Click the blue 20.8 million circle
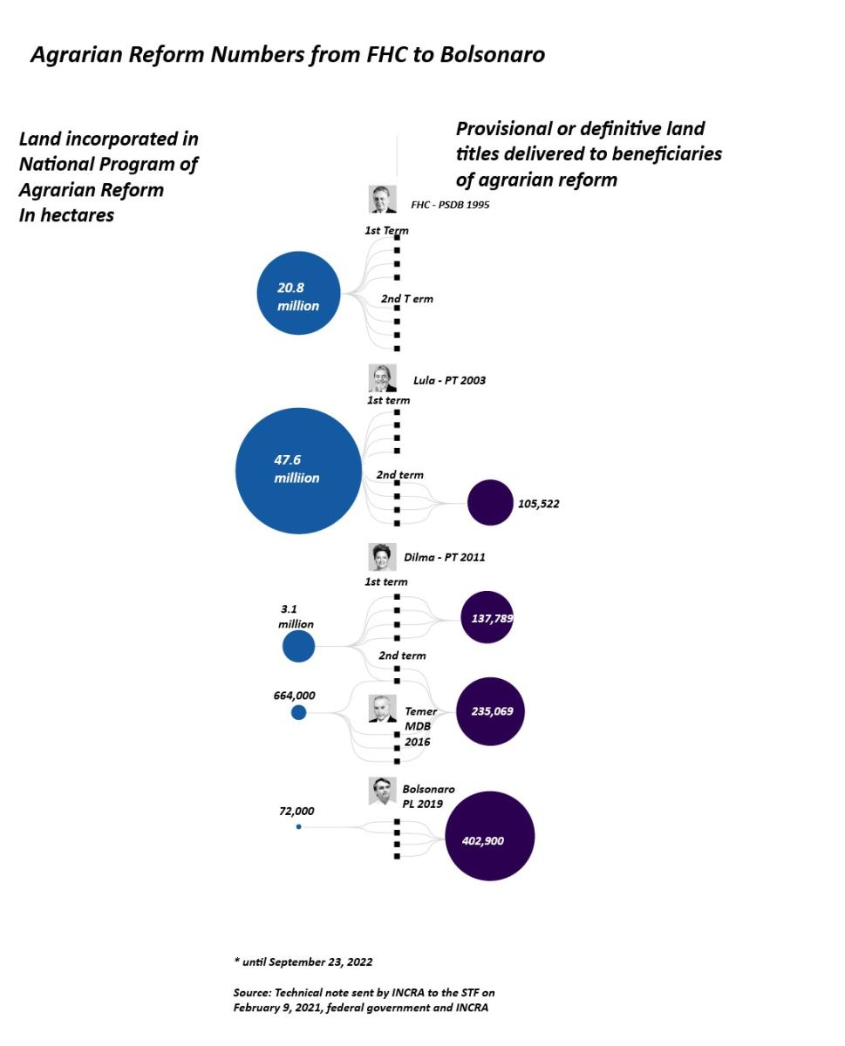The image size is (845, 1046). click(298, 294)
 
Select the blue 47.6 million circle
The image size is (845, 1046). click(298, 471)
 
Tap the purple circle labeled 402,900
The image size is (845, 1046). click(489, 837)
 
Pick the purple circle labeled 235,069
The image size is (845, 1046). click(490, 711)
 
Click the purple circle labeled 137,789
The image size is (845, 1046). click(487, 617)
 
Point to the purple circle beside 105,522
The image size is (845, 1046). click(490, 503)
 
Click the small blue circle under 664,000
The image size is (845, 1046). click(298, 712)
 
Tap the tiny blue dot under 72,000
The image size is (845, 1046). click(298, 826)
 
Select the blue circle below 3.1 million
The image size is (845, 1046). click(298, 646)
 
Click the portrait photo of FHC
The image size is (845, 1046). click(382, 200)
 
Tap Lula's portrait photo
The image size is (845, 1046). click(382, 378)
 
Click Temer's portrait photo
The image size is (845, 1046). click(382, 708)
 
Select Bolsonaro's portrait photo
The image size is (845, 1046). click(382, 791)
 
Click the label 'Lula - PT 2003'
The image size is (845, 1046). click(449, 381)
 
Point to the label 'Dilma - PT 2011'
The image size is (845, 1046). click(444, 557)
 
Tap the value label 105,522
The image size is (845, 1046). click(538, 504)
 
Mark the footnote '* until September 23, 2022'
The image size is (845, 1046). click(303, 962)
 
